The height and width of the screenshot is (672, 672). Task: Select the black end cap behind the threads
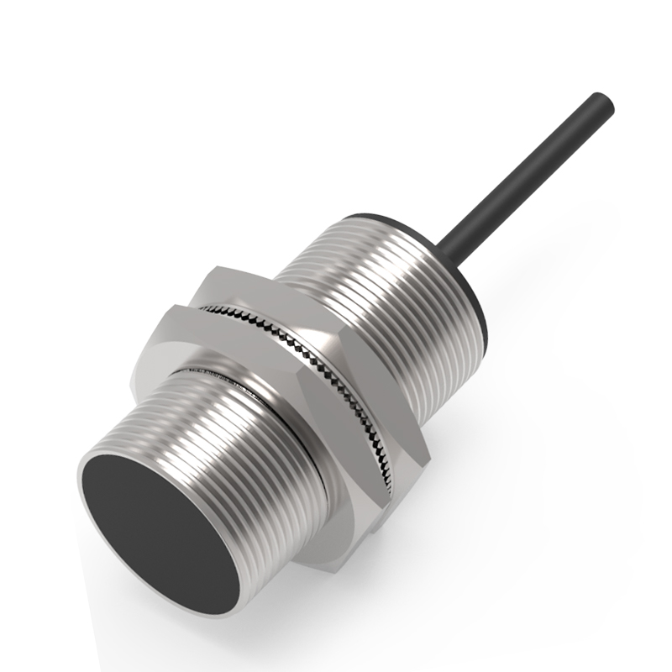tap(470, 286)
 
